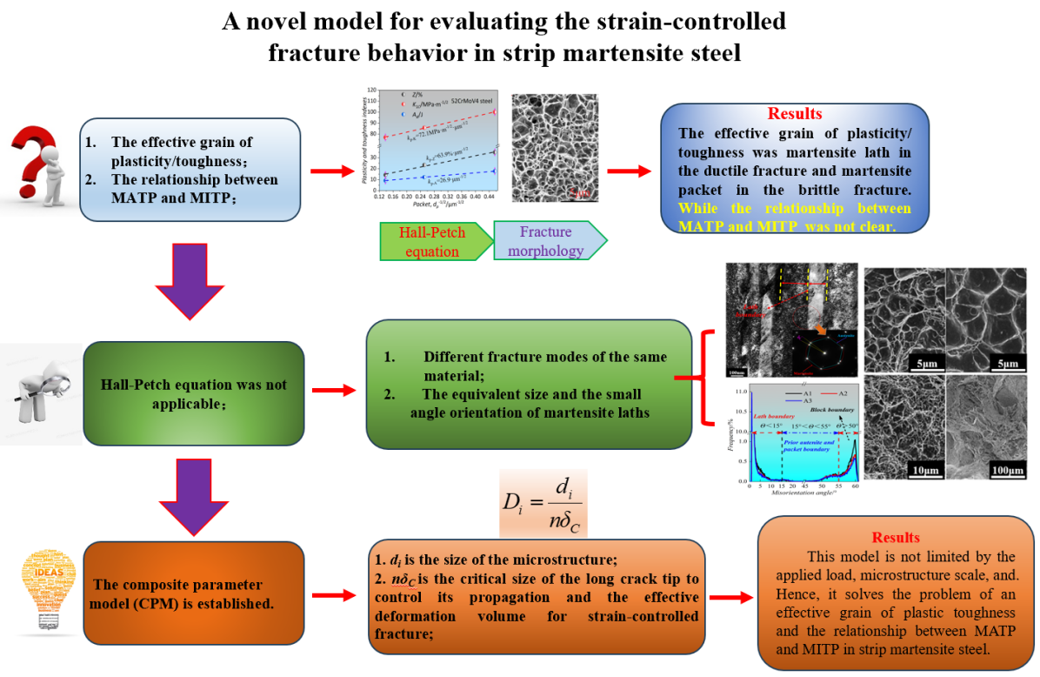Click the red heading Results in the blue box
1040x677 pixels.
click(794, 114)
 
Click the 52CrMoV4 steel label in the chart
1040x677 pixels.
click(470, 106)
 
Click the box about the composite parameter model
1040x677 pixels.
click(193, 591)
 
